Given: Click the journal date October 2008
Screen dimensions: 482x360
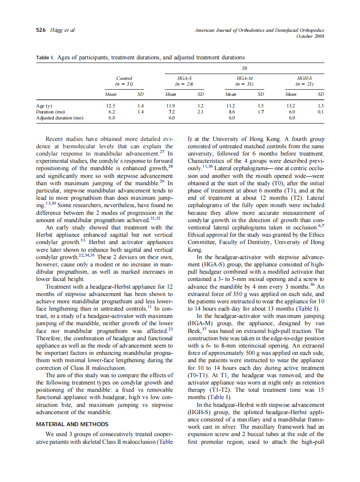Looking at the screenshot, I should (310, 36).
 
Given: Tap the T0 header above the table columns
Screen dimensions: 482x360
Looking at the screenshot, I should (244, 68).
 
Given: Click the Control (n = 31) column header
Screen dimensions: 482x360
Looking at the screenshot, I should (124, 81).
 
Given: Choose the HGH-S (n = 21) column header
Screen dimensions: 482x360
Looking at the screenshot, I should (305, 81).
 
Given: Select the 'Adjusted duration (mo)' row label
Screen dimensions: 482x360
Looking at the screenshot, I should (60, 117).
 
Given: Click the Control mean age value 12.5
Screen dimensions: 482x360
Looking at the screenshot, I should (110, 105).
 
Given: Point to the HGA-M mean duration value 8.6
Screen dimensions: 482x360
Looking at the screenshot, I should (231, 111).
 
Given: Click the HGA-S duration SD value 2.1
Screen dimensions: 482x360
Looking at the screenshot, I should (200, 111).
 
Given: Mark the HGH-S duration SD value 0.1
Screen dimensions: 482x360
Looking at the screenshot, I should (320, 111).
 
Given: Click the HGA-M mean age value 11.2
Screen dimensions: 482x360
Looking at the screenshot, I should (231, 105).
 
